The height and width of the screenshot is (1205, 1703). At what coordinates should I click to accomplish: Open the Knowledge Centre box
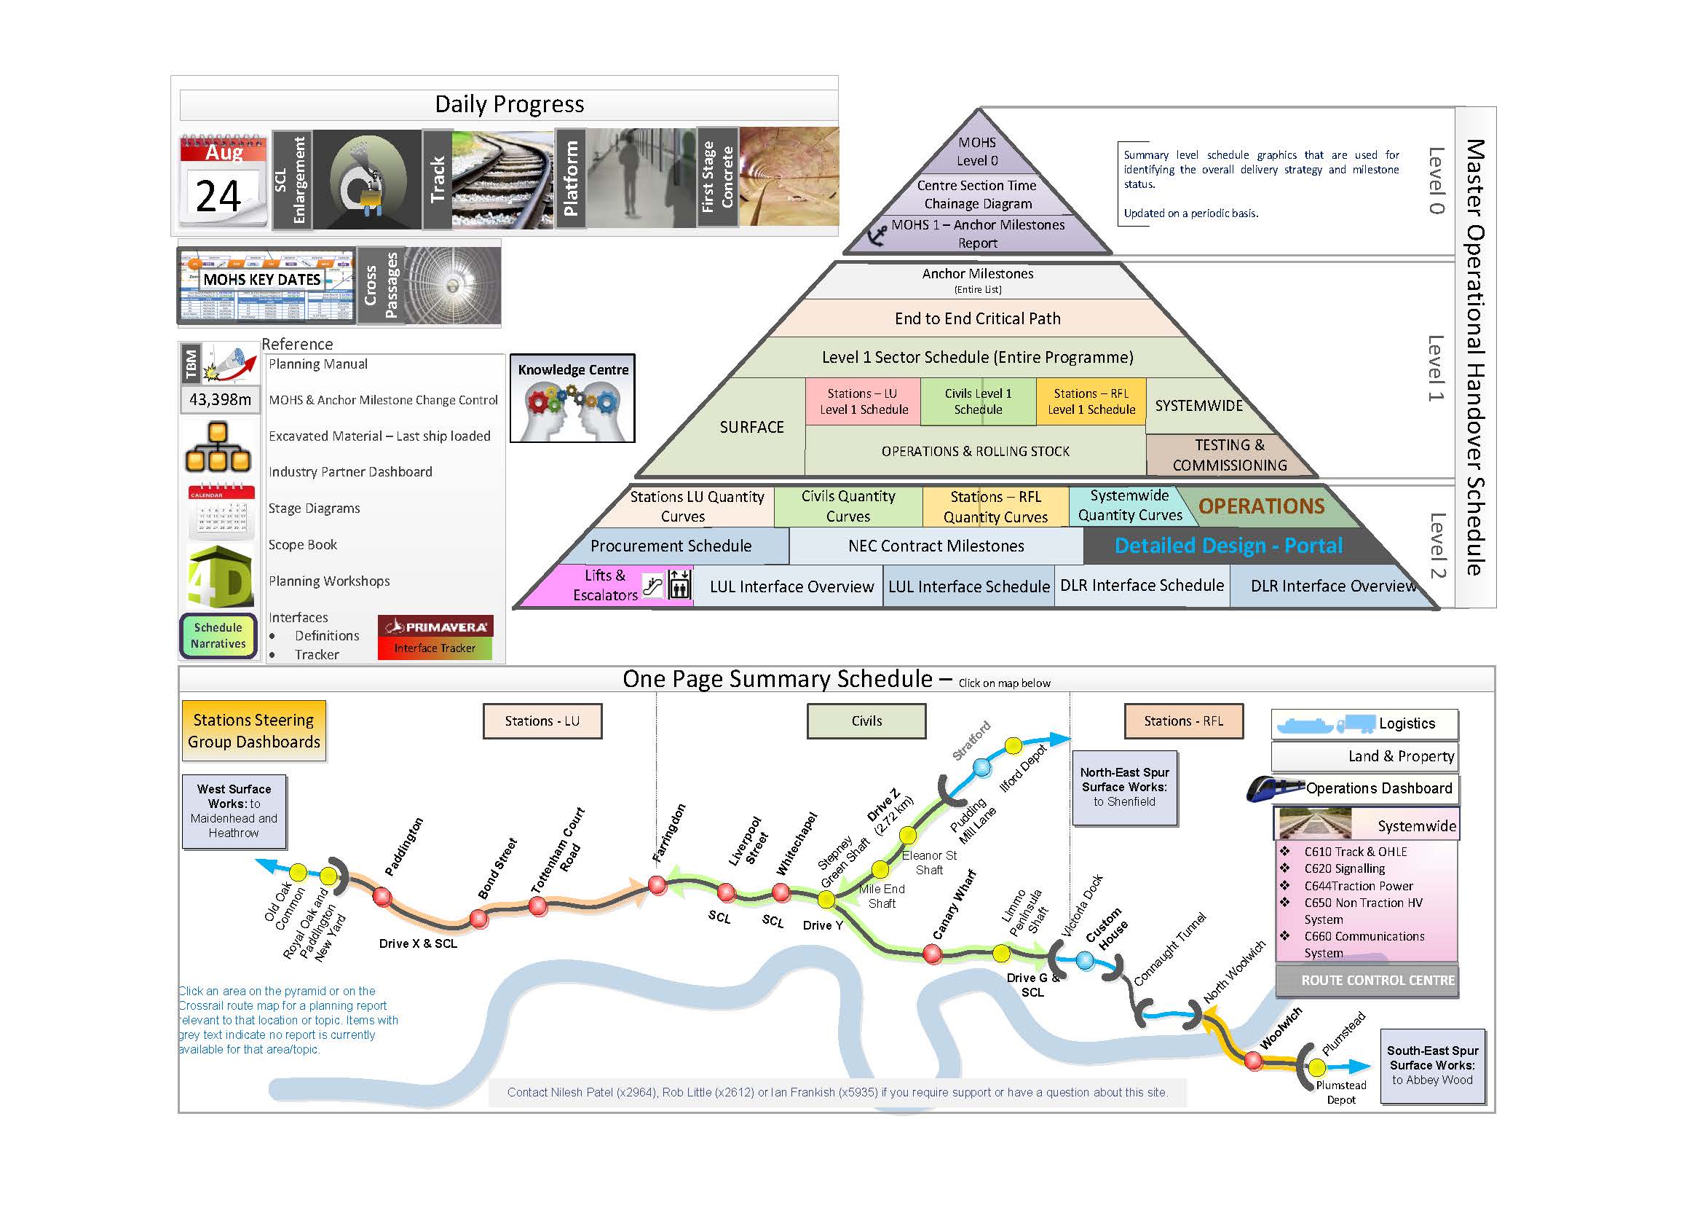click(572, 399)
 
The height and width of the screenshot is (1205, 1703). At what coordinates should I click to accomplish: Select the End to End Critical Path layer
click(977, 318)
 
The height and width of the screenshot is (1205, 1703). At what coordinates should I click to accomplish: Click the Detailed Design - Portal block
click(1228, 546)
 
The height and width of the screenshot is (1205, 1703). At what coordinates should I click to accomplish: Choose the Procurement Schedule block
click(671, 546)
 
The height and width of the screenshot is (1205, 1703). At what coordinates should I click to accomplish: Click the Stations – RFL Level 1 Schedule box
click(1091, 401)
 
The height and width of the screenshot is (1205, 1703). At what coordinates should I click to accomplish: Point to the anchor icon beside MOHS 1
click(877, 235)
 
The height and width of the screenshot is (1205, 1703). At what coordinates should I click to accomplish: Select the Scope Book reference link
click(303, 545)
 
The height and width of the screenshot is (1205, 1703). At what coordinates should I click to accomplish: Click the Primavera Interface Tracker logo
click(435, 637)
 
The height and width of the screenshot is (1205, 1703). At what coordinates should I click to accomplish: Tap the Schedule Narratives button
click(218, 636)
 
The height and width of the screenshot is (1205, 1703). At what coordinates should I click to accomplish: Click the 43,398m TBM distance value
click(220, 399)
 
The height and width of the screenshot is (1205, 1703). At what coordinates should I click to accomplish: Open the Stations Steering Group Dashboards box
click(253, 731)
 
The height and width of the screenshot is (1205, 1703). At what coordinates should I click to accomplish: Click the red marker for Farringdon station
click(657, 884)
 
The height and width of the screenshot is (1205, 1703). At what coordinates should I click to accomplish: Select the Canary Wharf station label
click(954, 906)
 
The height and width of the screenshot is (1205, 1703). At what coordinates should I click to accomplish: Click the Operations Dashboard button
click(1378, 788)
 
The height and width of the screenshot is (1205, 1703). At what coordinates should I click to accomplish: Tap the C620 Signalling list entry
click(1344, 868)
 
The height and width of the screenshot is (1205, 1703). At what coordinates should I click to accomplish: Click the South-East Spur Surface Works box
click(1431, 1066)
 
